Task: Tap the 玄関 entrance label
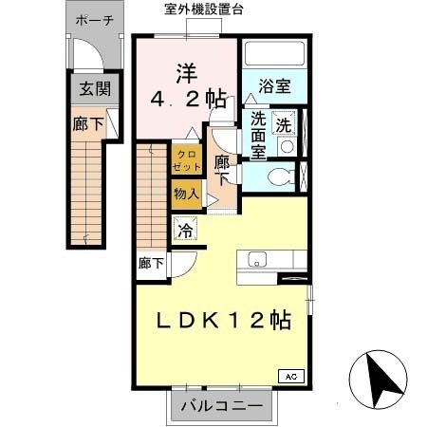(93, 90)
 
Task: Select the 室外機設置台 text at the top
(203, 9)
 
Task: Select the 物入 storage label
(185, 195)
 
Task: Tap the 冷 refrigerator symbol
(185, 229)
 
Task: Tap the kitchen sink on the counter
(257, 259)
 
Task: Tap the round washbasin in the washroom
(287, 147)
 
